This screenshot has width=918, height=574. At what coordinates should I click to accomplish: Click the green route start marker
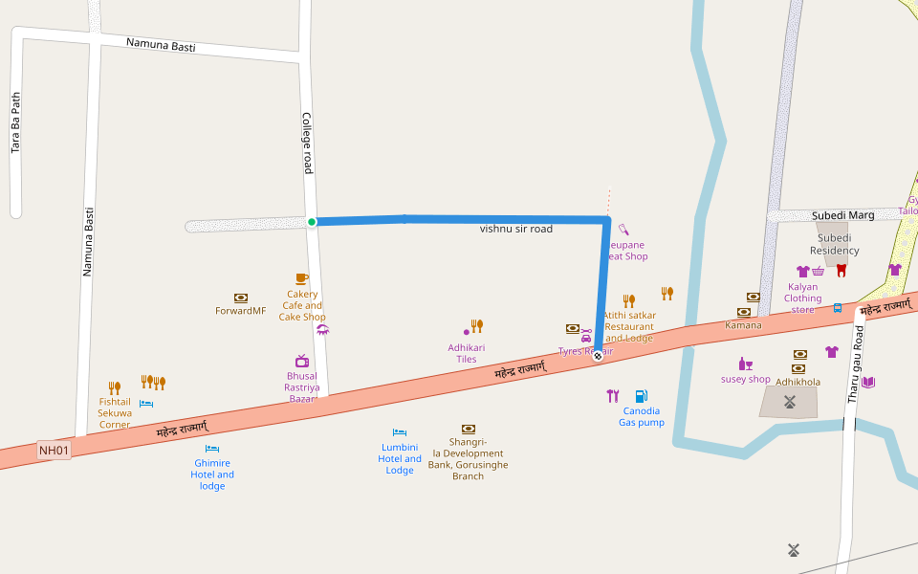[312, 222]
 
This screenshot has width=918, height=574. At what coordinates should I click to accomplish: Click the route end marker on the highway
[598, 356]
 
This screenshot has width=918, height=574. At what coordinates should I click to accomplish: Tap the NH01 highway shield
[55, 450]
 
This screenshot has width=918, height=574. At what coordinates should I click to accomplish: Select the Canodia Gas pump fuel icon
[641, 396]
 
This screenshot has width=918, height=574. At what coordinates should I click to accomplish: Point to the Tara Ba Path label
[15, 123]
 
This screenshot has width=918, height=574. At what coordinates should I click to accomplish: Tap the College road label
[307, 143]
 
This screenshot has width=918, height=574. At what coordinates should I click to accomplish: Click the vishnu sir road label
[515, 230]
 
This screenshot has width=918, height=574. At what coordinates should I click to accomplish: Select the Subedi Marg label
[842, 215]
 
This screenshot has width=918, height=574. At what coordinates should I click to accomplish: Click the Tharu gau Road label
[859, 364]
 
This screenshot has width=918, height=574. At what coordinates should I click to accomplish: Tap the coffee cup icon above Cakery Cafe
[301, 278]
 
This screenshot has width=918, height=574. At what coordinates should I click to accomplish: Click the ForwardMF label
[240, 311]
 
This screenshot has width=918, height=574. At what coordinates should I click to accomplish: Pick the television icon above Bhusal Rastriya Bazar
[302, 361]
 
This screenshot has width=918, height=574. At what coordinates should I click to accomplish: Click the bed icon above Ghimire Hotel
[212, 449]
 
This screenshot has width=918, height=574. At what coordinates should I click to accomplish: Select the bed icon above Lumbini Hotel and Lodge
[400, 432]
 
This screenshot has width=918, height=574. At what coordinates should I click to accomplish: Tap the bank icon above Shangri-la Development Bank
[468, 429]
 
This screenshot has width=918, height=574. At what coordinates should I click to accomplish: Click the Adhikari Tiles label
[467, 353]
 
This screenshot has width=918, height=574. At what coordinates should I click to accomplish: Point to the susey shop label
[745, 379]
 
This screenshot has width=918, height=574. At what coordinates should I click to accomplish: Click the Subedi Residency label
[834, 244]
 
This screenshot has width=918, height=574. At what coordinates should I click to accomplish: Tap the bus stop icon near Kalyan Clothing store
[838, 308]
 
